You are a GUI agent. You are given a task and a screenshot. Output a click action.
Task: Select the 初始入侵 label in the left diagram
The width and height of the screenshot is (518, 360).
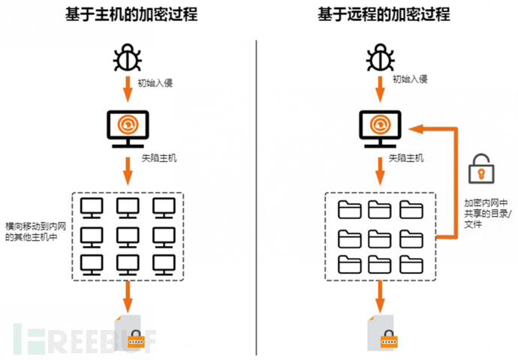tap(155, 82)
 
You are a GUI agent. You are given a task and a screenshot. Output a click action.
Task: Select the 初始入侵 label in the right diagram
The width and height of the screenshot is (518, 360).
tap(409, 78)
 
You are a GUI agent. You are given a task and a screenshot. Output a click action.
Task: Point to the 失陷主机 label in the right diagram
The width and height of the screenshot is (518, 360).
tap(406, 158)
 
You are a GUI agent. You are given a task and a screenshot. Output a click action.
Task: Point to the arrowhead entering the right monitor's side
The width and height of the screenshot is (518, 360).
tap(415, 129)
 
